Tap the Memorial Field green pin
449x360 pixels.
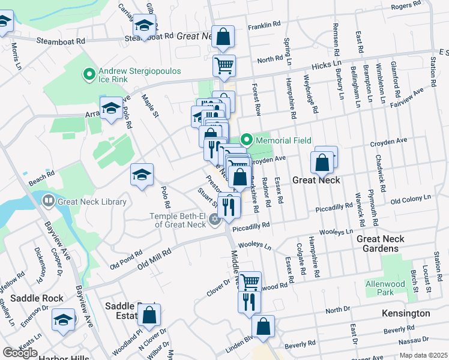point(247,140)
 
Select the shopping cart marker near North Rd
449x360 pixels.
point(224,66)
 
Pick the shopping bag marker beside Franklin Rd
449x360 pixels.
point(223,37)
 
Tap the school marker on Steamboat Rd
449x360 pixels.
point(144,26)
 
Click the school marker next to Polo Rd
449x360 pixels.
point(142,175)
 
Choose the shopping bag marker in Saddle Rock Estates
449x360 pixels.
point(149,314)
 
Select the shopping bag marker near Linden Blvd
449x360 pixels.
point(263,327)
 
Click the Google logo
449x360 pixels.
point(20,353)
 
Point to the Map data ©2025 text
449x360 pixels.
point(423,355)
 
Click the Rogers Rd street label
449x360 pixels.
point(407,6)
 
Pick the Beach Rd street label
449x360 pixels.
point(41,173)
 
